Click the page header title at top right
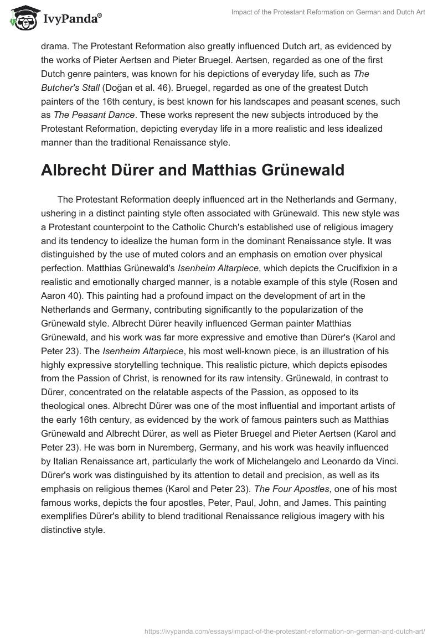pos(329,13)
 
